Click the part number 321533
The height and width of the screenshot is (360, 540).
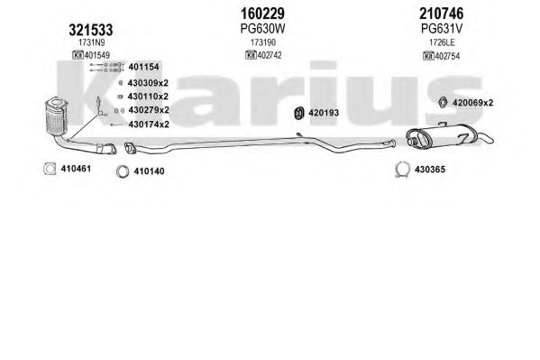[91, 30]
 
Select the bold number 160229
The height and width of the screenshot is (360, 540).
[262, 14]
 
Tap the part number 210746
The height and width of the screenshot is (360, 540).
[441, 14]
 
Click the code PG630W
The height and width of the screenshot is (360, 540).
[262, 29]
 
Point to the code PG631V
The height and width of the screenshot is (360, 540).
[442, 29]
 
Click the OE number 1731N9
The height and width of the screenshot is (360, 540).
[92, 42]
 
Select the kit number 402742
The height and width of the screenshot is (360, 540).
[270, 55]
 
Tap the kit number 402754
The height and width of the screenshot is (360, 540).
[447, 56]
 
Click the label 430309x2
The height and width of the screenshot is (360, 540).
[148, 83]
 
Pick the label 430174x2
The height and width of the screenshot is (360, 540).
[149, 125]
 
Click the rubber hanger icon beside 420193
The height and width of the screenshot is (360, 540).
[299, 113]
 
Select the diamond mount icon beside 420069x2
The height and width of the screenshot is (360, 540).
[443, 103]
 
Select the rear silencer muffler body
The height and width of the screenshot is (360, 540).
[442, 137]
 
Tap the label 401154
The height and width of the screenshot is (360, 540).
[143, 67]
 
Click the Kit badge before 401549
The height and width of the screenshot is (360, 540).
[78, 55]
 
